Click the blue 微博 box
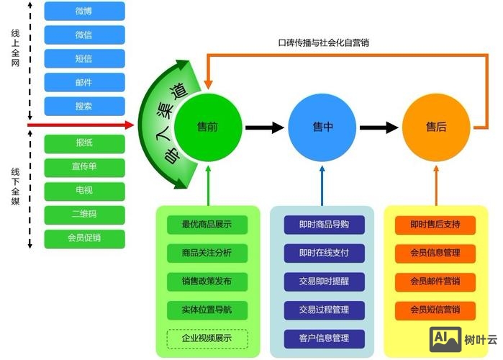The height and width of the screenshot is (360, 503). click(84, 11)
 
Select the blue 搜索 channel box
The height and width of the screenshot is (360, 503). click(84, 106)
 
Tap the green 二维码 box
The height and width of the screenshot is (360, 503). click(84, 215)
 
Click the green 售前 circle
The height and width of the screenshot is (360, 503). click(207, 127)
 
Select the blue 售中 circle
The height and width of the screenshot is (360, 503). click(322, 127)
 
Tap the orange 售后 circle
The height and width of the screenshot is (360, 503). click(435, 127)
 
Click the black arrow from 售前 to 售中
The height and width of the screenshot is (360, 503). click(264, 127)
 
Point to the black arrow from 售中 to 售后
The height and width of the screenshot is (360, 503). click(379, 127)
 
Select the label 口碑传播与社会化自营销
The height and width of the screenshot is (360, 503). click(328, 43)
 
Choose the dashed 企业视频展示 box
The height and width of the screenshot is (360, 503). click(207, 338)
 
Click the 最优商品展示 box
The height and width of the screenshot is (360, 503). click(207, 224)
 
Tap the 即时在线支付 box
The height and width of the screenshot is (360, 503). click(323, 253)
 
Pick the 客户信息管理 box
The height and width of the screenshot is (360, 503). click(323, 338)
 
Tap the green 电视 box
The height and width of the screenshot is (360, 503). click(84, 191)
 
